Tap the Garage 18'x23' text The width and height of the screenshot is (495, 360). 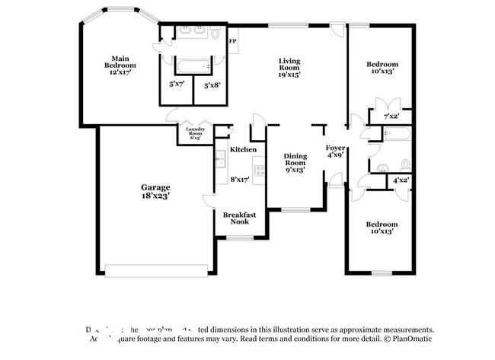tap(155, 191)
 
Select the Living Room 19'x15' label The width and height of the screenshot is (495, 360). tap(289, 67)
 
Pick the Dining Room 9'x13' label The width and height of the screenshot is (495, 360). tap(295, 162)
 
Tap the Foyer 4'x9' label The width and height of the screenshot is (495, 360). tap(335, 150)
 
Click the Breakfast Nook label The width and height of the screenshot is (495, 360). tap(239, 219)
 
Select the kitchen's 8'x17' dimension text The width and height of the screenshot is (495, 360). tap(240, 179)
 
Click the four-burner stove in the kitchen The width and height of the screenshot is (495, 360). tap(260, 170)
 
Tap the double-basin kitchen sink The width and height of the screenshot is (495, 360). tap(220, 159)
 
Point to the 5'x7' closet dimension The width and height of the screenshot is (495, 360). tap(177, 84)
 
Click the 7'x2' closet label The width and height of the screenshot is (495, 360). tap(391, 116)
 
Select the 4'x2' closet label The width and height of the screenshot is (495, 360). tap(401, 180)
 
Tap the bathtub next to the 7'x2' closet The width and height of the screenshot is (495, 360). tap(397, 134)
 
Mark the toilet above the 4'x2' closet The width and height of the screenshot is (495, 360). tap(404, 164)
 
